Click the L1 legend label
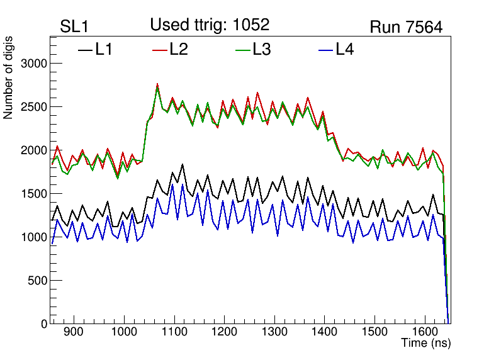[x=104, y=50]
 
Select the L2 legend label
[x=179, y=50]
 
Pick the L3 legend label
[x=261, y=50]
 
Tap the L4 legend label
[x=344, y=50]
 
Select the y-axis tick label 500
[x=38, y=281]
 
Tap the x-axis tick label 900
[x=74, y=333]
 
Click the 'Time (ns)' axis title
[x=426, y=344]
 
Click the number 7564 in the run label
[x=423, y=27]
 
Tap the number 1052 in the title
[x=250, y=25]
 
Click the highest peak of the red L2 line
[x=157, y=84]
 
